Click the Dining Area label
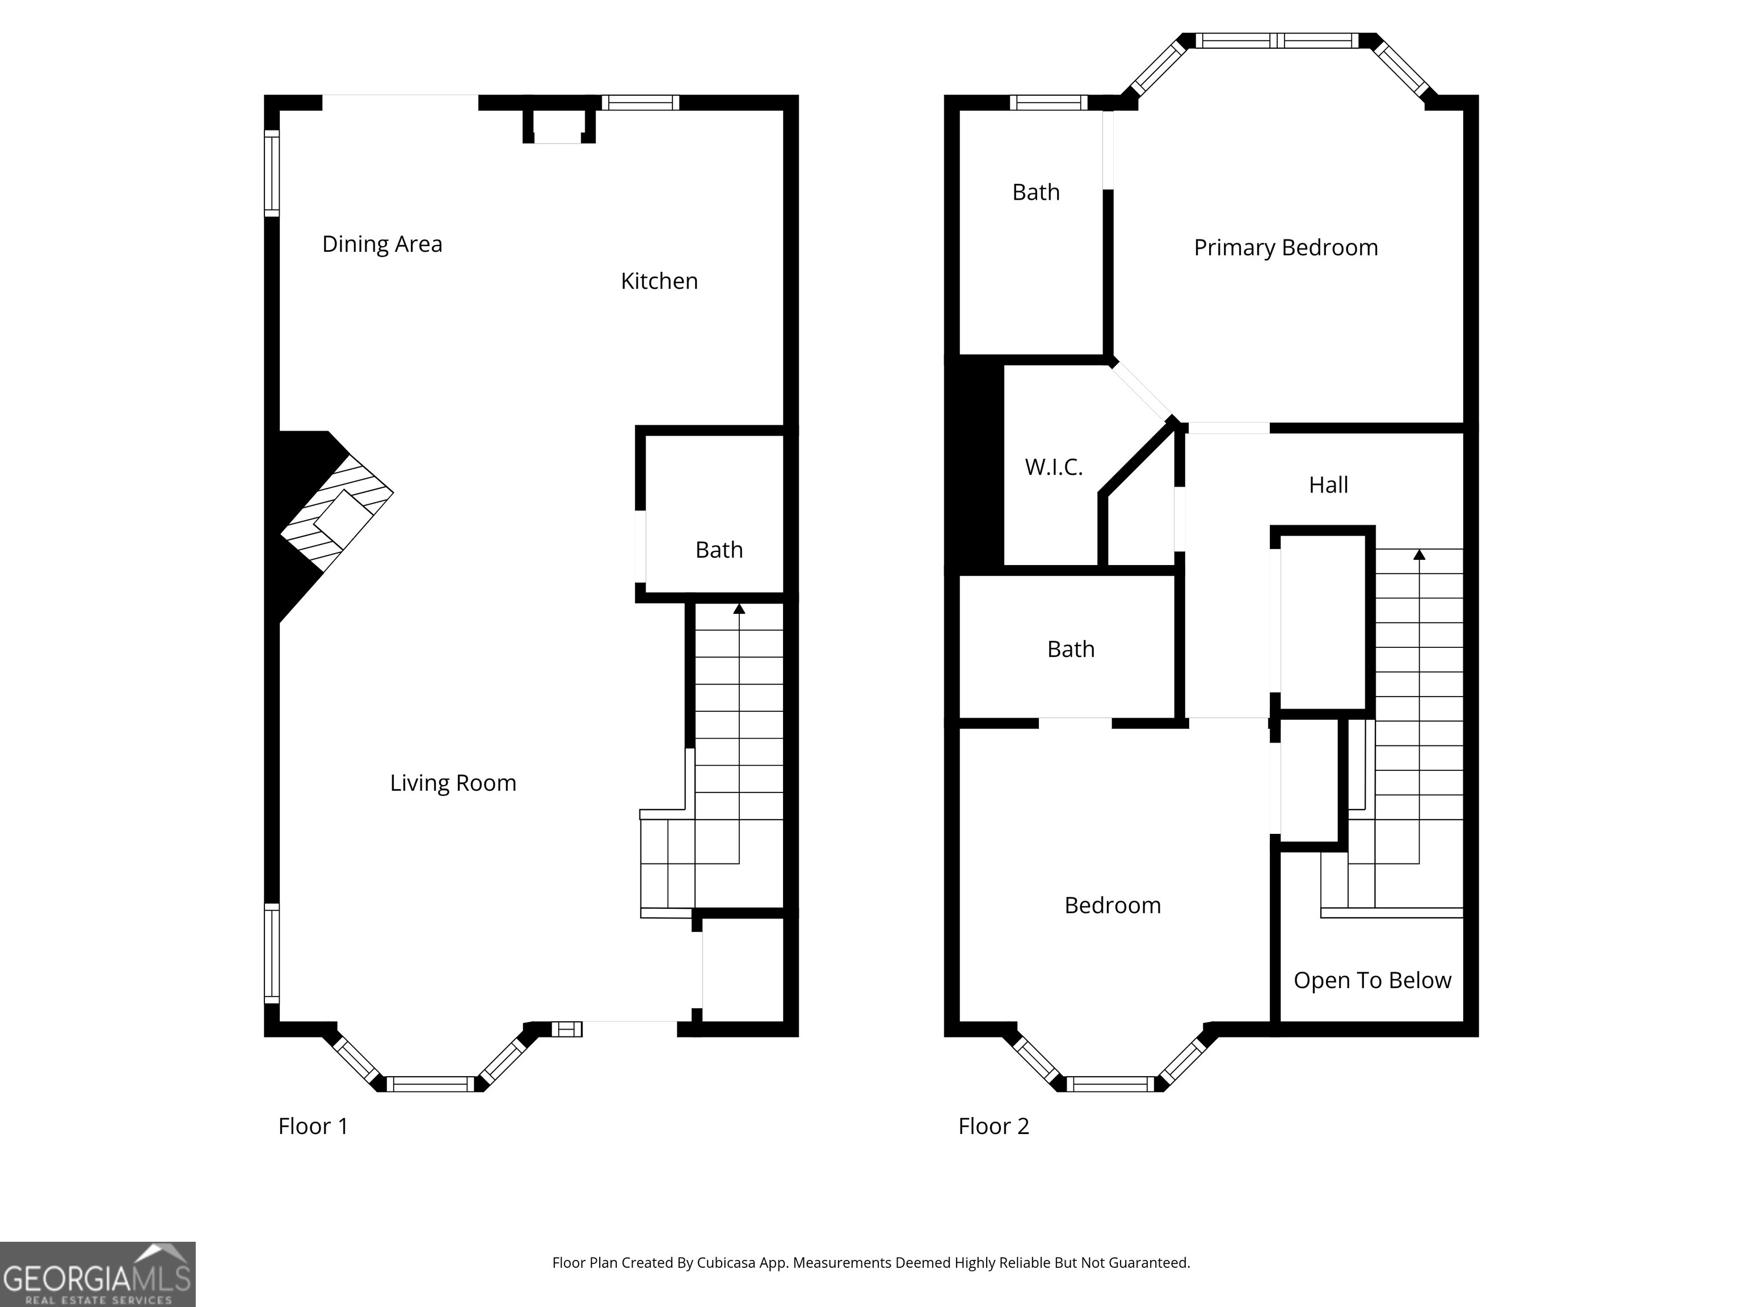(x=382, y=244)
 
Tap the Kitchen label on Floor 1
(x=659, y=281)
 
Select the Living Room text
(x=453, y=783)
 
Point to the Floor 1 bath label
(x=719, y=550)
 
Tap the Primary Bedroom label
(x=1285, y=248)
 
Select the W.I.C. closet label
(x=1054, y=467)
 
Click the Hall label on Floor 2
(x=1328, y=485)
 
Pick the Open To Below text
(x=1372, y=980)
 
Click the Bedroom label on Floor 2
(x=1112, y=905)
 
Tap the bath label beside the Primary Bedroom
(x=1035, y=192)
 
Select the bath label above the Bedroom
(x=1070, y=649)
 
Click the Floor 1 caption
(x=313, y=1127)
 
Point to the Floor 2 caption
(x=993, y=1127)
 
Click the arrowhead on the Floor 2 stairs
(x=1419, y=555)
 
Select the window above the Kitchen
(x=641, y=103)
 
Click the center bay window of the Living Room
(x=430, y=1084)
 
